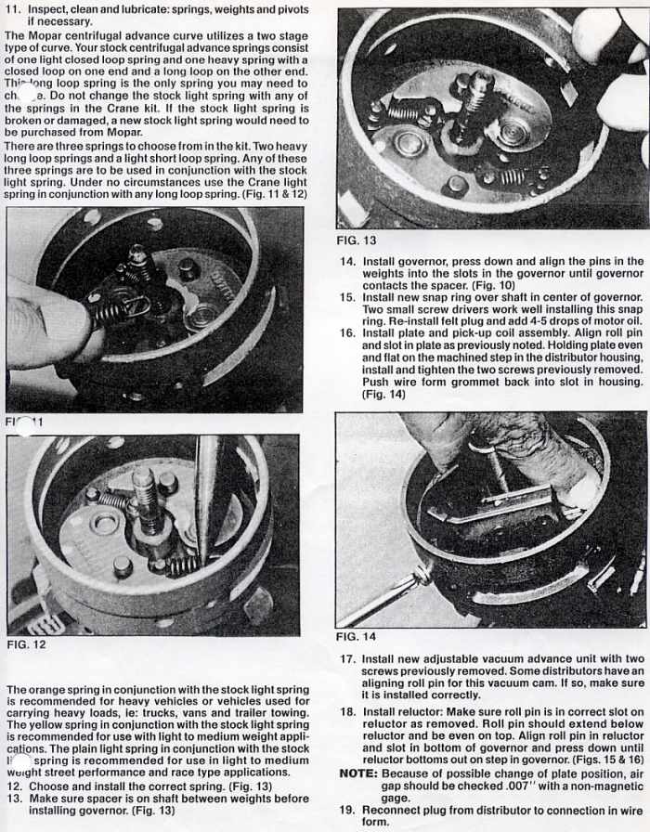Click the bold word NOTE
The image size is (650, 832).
coord(357,773)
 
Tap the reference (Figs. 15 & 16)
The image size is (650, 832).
coord(606,759)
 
